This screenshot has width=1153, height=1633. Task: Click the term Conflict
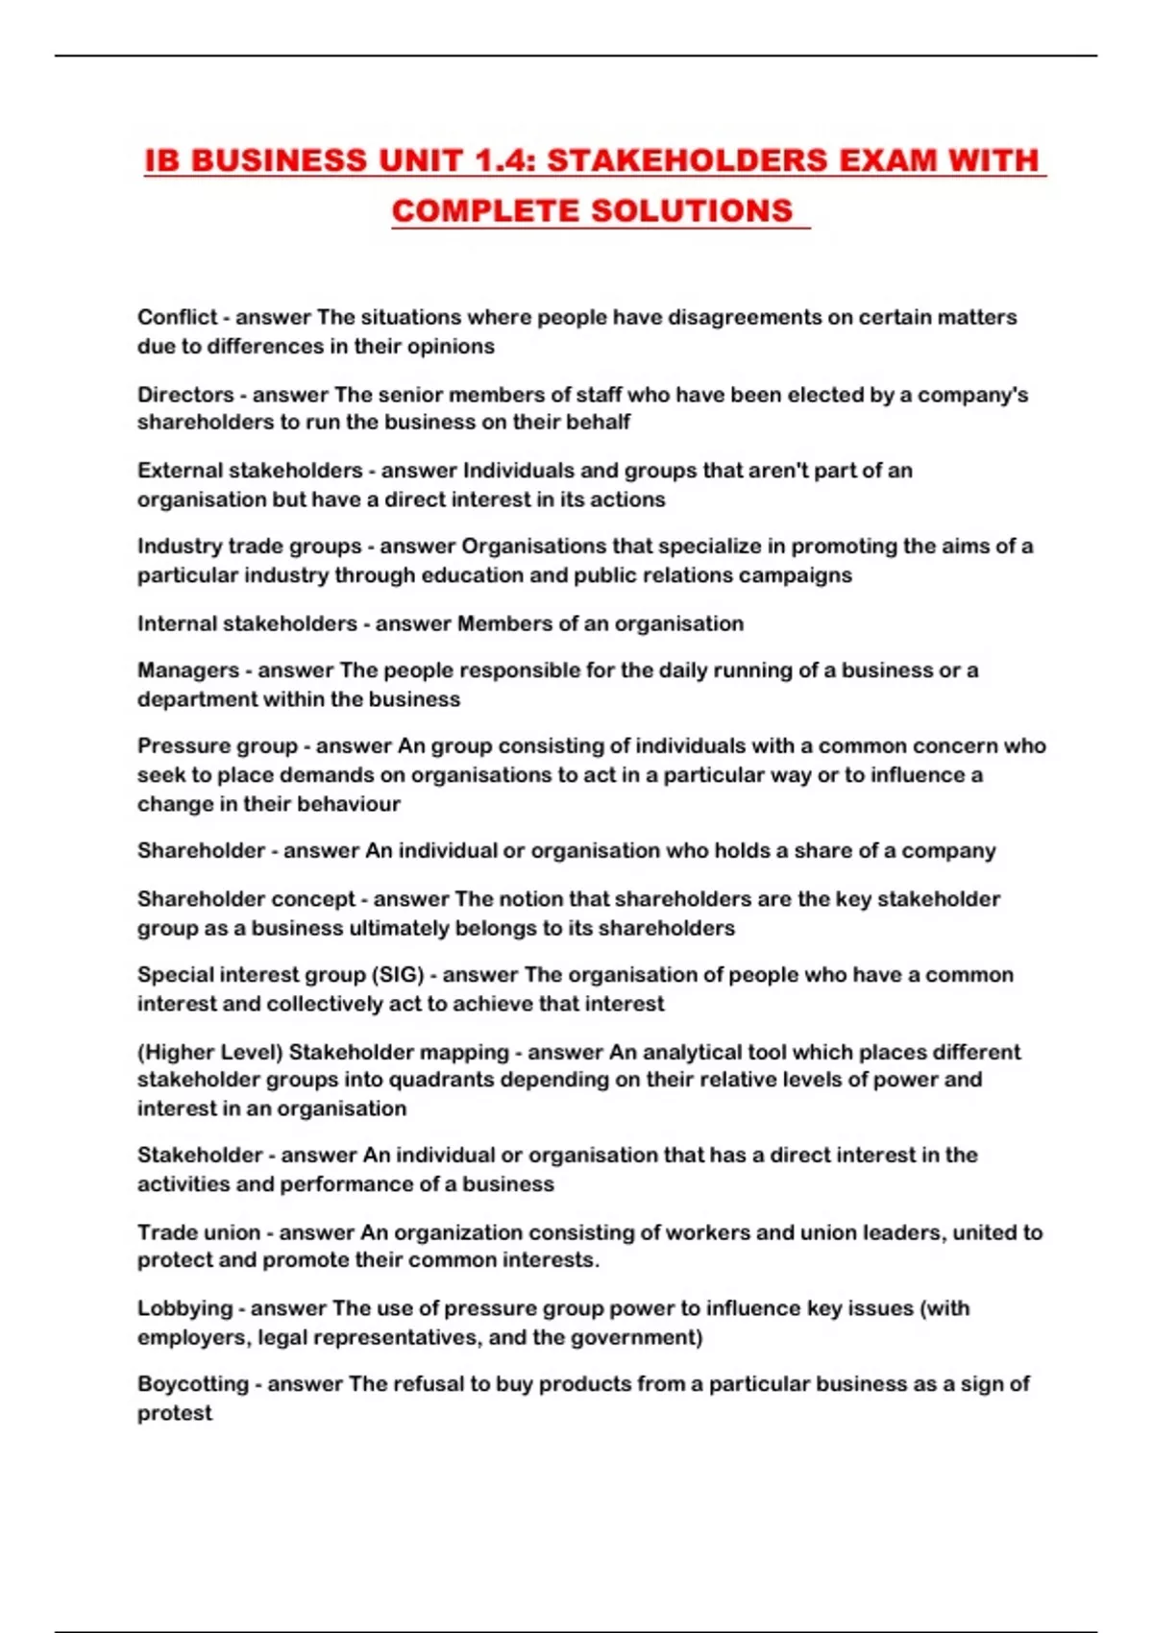[177, 317]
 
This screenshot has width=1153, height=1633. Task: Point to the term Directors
[185, 394]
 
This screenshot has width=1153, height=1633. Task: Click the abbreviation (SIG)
[398, 975]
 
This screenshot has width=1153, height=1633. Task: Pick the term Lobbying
[184, 1308]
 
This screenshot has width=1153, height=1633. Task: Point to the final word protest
[174, 1413]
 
